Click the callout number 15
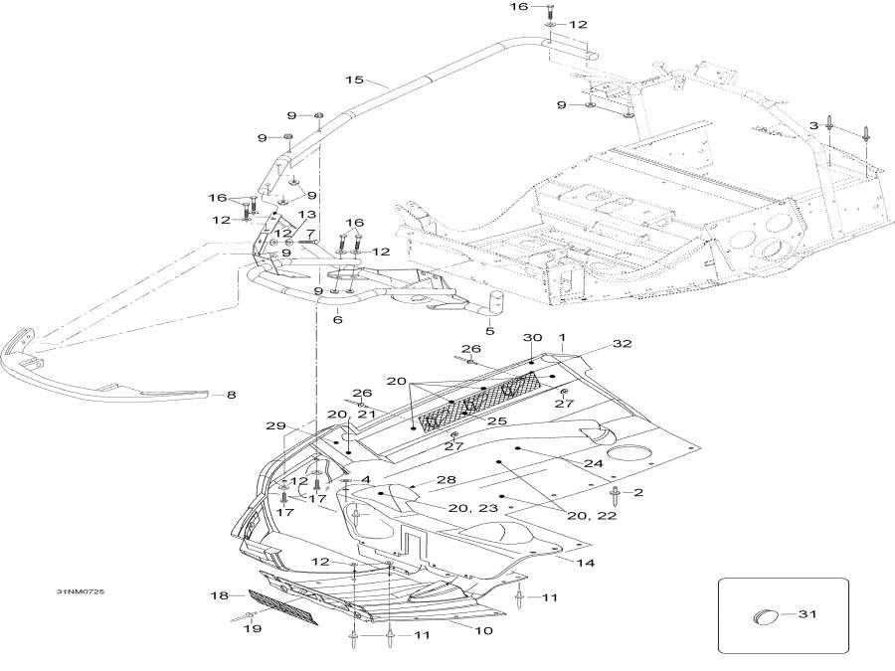tap(353, 79)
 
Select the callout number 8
tap(231, 395)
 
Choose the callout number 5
tap(489, 331)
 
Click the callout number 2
tap(638, 493)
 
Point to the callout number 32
tap(624, 343)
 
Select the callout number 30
tap(532, 338)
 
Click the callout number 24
tap(593, 463)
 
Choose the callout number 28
tap(447, 480)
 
